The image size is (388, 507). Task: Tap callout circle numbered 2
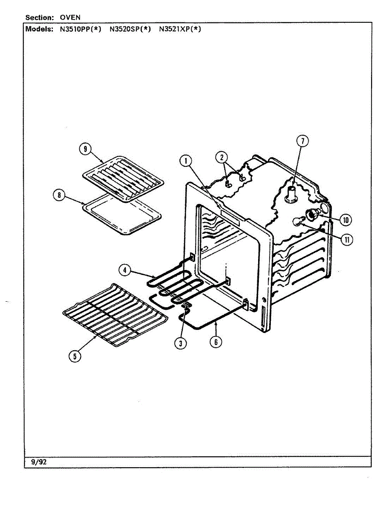coord(221,157)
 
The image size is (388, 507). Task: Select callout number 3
coord(181,343)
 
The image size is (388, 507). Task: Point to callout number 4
coord(124,270)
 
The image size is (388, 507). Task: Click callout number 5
coord(75,356)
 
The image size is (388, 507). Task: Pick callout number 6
coord(216,342)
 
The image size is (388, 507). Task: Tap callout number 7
coord(303,141)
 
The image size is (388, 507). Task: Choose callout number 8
coord(60,195)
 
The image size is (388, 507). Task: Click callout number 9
coord(85,149)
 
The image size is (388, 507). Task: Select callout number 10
coord(346,220)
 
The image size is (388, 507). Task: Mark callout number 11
coord(347,240)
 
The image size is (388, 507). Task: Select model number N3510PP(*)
coord(80,29)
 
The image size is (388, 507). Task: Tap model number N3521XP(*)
coord(180,29)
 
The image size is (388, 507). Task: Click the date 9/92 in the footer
coord(39,462)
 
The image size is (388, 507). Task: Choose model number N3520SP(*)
coord(130,29)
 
